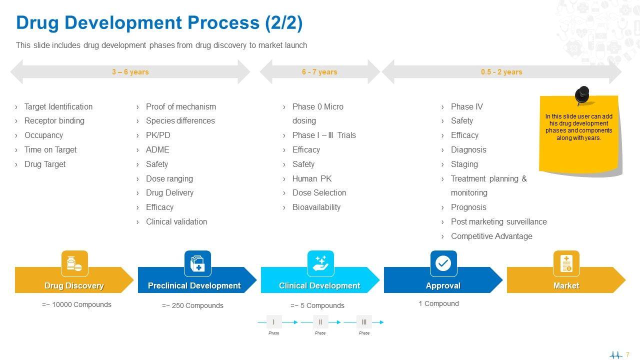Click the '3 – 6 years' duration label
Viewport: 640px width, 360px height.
point(130,71)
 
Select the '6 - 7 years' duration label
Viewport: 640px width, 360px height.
point(319,71)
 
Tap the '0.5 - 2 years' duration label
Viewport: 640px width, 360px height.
point(501,71)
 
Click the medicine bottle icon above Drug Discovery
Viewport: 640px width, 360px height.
point(74,263)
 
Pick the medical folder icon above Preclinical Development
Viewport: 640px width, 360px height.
point(197,263)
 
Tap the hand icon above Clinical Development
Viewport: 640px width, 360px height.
point(320,263)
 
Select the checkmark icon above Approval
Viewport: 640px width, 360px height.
point(443,263)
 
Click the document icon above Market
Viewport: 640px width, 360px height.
point(566,263)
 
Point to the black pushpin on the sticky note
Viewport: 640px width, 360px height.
point(582,95)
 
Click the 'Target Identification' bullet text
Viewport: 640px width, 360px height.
point(58,106)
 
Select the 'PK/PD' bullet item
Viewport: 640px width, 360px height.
point(158,135)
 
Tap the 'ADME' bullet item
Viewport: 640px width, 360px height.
point(157,149)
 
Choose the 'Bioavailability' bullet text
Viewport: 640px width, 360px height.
point(316,207)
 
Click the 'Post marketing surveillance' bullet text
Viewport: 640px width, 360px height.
point(498,221)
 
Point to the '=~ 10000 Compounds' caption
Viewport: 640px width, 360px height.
point(76,304)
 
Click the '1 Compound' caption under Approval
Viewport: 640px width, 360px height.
point(438,303)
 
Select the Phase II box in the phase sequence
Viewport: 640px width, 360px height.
point(320,322)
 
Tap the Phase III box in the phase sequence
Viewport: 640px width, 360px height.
point(364,322)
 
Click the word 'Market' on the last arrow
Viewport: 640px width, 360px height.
point(566,285)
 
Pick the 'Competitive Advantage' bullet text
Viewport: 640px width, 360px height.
point(491,236)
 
